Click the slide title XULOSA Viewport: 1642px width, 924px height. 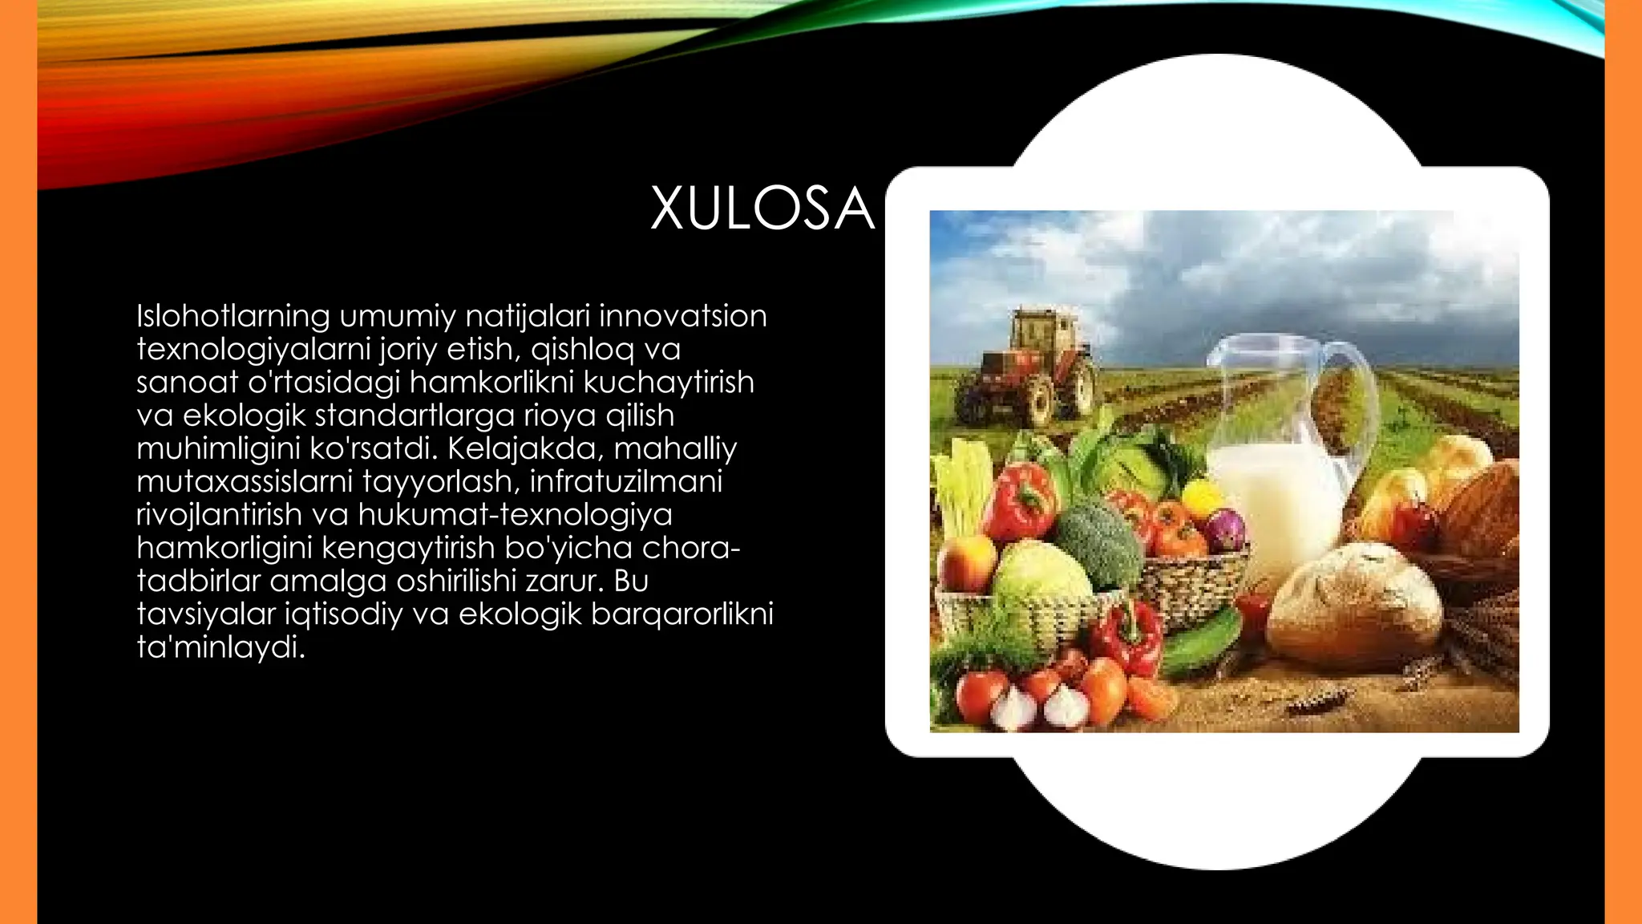click(761, 209)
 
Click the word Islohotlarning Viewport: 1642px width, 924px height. click(233, 316)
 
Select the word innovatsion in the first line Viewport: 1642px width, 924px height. click(682, 316)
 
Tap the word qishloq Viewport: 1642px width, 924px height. click(582, 350)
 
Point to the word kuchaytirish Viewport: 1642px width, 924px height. click(669, 383)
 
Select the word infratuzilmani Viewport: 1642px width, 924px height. click(626, 481)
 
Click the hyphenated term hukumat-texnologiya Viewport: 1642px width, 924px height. click(515, 514)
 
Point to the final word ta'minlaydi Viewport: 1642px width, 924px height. click(221, 646)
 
